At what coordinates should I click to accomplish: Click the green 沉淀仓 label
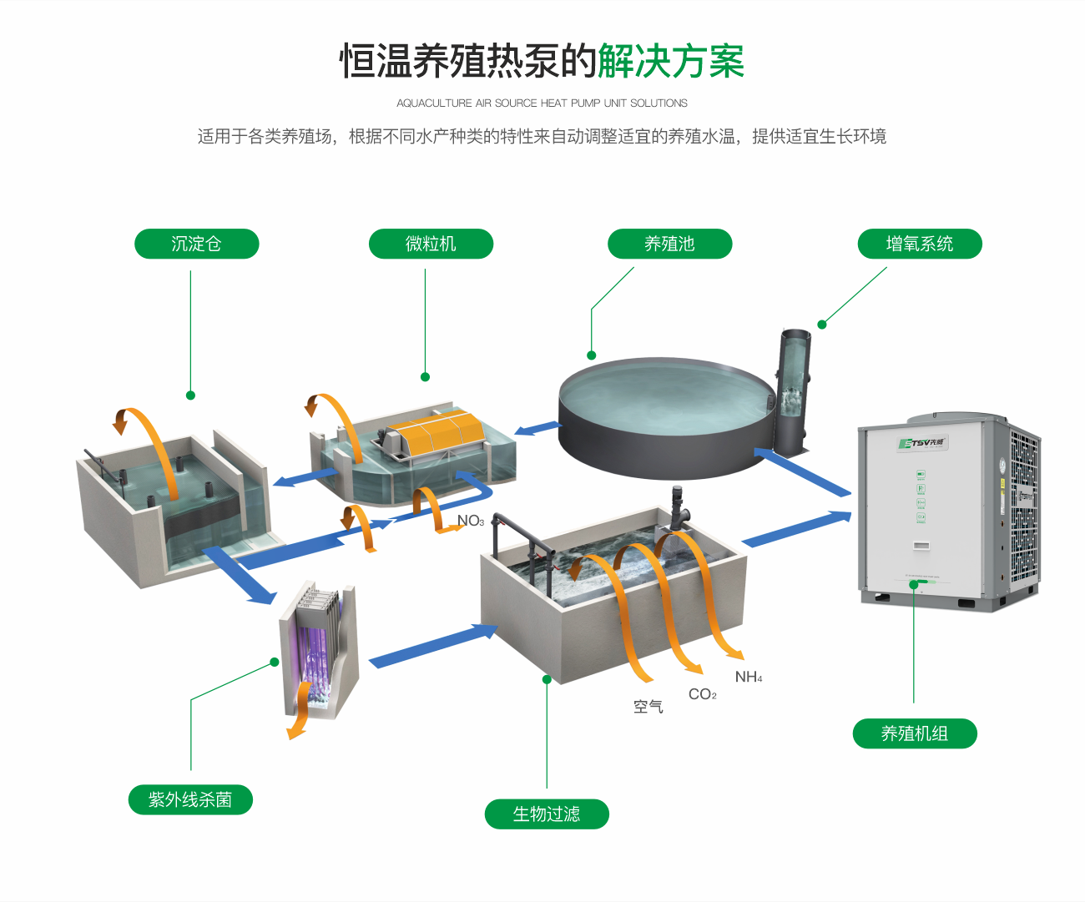pyautogui.click(x=196, y=244)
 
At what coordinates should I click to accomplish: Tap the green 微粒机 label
pyautogui.click(x=431, y=244)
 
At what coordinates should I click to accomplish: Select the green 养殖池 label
pyautogui.click(x=669, y=244)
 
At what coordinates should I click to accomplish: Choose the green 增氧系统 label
pyautogui.click(x=919, y=244)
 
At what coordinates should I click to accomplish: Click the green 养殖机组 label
pyautogui.click(x=914, y=733)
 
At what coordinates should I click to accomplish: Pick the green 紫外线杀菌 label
pyautogui.click(x=190, y=799)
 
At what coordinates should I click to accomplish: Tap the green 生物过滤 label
pyautogui.click(x=547, y=814)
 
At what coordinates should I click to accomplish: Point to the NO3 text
pyautogui.click(x=471, y=521)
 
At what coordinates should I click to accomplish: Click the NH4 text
pyautogui.click(x=748, y=677)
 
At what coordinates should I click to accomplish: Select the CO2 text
pyautogui.click(x=702, y=694)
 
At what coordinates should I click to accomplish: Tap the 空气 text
pyautogui.click(x=648, y=707)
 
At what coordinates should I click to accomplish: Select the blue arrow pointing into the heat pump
pyautogui.click(x=796, y=530)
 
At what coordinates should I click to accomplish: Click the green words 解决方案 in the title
pyautogui.click(x=670, y=61)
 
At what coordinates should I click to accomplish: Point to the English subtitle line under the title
pyautogui.click(x=542, y=103)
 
